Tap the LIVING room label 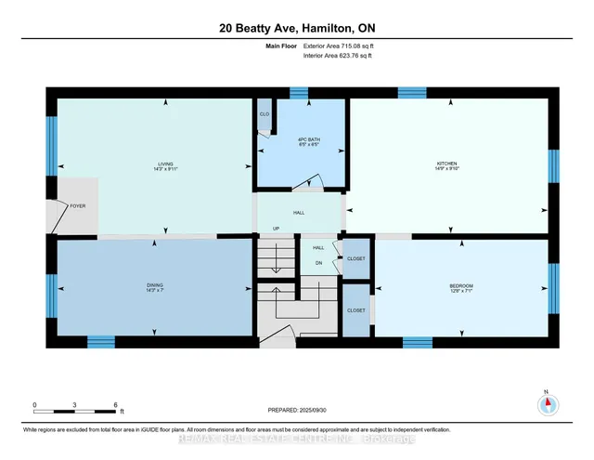[165, 165]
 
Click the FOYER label [78, 205]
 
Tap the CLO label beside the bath [265, 114]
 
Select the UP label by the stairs [275, 229]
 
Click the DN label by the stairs [318, 263]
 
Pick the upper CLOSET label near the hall [355, 258]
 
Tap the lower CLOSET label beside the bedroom [355, 310]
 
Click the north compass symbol [548, 403]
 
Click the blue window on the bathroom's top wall [298, 92]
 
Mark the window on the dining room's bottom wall [100, 341]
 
